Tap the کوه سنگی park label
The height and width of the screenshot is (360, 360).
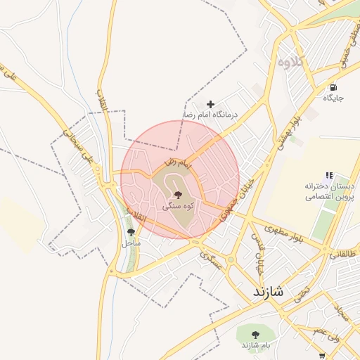point(177,207)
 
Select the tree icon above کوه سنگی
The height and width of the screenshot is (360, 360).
point(176,194)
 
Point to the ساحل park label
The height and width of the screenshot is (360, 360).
point(131,243)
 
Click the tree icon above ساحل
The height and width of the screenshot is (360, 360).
point(131,231)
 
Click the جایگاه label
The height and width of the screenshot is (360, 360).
point(333,98)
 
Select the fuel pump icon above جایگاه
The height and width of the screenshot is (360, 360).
point(333,87)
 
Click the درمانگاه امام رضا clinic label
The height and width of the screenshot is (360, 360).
point(211,114)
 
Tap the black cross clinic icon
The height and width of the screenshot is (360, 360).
point(210,104)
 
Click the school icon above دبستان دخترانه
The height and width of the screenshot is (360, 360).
point(328,176)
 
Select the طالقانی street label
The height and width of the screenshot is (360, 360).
point(344,254)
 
